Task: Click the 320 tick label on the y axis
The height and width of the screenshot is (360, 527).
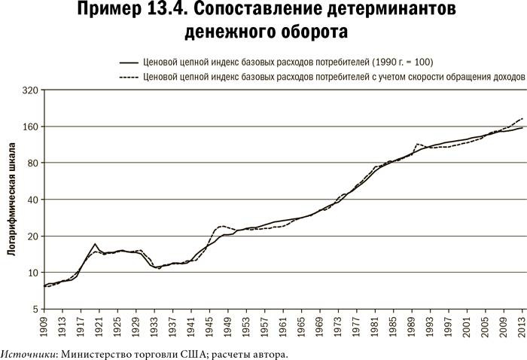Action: click(x=29, y=90)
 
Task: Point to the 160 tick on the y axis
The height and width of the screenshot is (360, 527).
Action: click(x=29, y=127)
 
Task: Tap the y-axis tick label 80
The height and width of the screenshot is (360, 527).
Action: click(x=32, y=163)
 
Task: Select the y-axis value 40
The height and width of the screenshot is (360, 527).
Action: click(x=32, y=200)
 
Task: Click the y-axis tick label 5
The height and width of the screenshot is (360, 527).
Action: click(x=35, y=309)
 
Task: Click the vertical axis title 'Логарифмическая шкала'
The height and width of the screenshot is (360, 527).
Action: click(x=12, y=199)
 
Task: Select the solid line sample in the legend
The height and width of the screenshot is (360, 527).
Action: click(x=129, y=62)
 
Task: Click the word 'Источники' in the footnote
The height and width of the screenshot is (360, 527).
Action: click(x=27, y=353)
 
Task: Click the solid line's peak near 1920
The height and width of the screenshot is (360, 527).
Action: click(x=96, y=244)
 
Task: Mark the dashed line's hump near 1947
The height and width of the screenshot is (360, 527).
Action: click(x=221, y=226)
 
